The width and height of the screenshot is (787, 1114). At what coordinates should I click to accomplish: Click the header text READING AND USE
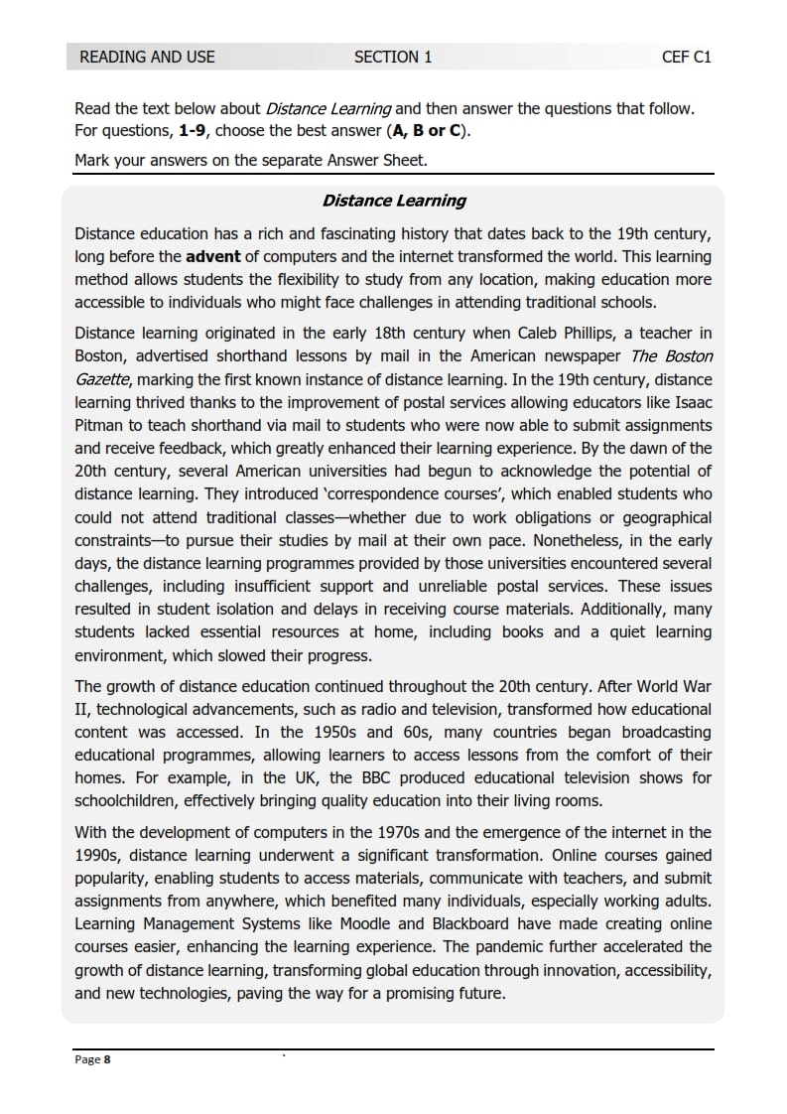click(147, 57)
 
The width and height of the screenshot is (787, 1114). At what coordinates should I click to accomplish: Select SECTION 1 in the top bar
click(393, 57)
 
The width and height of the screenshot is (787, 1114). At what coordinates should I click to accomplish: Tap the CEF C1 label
click(687, 57)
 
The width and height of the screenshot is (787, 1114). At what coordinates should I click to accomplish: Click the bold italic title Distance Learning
click(393, 201)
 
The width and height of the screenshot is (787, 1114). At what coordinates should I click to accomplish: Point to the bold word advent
click(214, 257)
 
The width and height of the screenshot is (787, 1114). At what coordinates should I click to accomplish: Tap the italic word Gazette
click(102, 378)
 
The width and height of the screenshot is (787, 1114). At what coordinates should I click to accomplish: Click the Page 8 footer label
click(93, 1059)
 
